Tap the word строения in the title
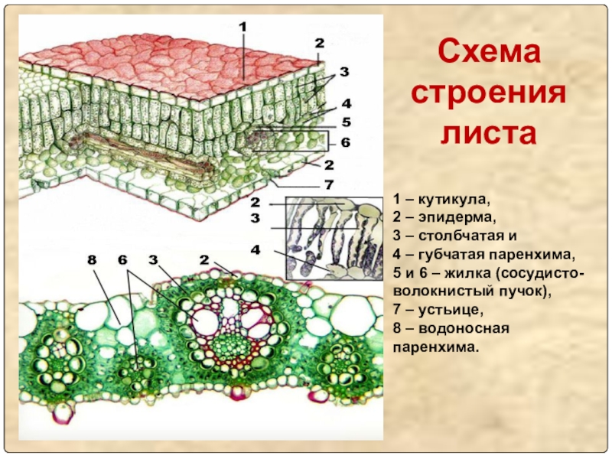(489, 96)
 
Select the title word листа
(489, 135)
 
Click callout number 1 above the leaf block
(243, 28)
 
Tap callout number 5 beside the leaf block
(346, 122)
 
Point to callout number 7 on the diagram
(329, 185)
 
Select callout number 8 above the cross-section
(93, 261)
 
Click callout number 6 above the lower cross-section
(122, 261)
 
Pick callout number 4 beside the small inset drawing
(256, 249)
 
